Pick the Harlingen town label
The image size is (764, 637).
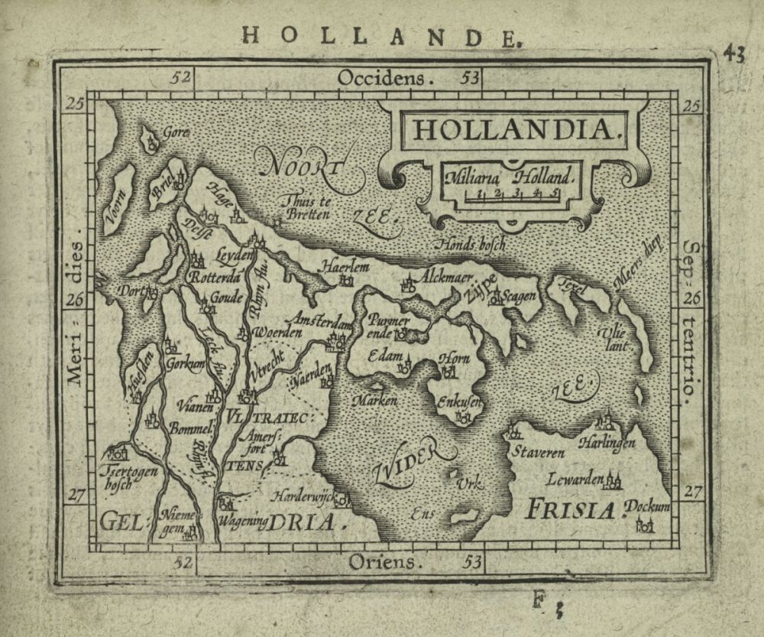coord(607,443)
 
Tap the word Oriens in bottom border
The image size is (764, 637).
coord(385,564)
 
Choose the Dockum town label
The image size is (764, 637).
coord(646,507)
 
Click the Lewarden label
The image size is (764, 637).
coord(574,479)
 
